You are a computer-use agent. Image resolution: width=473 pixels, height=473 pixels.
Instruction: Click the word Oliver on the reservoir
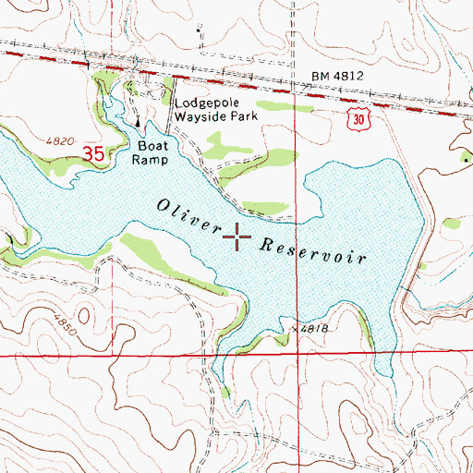[x=189, y=216]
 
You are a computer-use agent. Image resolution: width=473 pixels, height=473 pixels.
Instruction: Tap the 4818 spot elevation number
[x=315, y=328]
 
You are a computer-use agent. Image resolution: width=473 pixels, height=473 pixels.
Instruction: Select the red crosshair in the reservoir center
[x=237, y=237]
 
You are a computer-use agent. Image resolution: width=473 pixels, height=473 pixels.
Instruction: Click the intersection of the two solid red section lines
[x=297, y=355]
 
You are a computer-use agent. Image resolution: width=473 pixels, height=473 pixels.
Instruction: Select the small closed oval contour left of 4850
[x=28, y=314]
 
